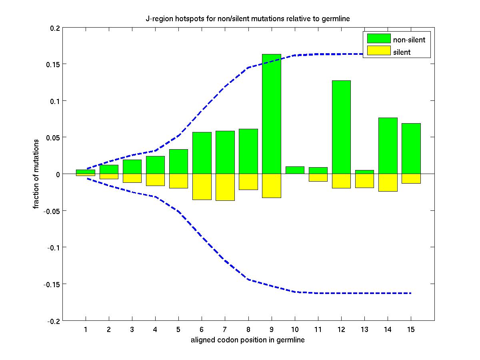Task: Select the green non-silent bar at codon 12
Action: click(341, 127)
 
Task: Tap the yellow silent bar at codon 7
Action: click(225, 187)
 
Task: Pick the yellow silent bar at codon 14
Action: click(388, 182)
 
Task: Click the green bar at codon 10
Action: click(295, 170)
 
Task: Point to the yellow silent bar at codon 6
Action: click(202, 187)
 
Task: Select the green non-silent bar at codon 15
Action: click(411, 148)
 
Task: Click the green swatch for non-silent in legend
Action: click(378, 38)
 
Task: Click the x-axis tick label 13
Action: click(364, 330)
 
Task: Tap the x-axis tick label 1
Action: click(86, 330)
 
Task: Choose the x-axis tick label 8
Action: click(248, 330)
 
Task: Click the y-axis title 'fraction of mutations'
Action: click(36, 174)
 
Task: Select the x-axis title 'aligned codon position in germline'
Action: click(248, 340)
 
